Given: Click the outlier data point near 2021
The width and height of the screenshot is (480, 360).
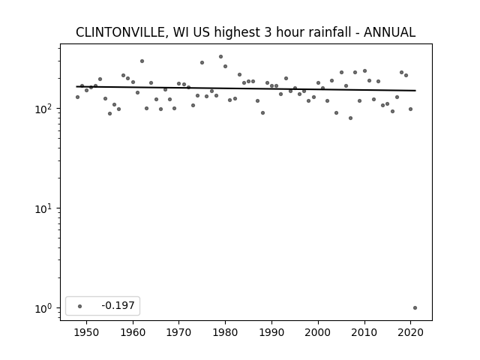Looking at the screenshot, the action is point(415,308).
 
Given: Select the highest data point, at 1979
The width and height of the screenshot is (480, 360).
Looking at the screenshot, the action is point(220,57).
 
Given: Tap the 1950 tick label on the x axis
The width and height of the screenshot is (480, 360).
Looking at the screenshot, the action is point(87,332).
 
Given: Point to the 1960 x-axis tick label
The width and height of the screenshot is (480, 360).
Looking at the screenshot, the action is point(133,332).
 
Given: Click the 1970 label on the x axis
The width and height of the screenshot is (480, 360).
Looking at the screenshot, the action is point(179,332).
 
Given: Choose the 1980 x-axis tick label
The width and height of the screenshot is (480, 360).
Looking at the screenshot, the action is point(225,332).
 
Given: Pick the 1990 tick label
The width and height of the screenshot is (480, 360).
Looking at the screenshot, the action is point(271,332).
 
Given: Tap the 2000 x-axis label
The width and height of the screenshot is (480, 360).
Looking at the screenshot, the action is point(318,332).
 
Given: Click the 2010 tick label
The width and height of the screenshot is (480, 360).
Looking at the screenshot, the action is point(364,332).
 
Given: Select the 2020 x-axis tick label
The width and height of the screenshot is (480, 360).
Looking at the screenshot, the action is point(410,332).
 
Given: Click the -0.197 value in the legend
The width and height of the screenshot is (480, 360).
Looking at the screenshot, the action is point(118,305).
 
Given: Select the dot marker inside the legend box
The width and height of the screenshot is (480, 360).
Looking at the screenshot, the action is point(80,306).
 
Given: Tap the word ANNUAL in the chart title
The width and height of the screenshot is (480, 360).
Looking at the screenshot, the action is point(389,32).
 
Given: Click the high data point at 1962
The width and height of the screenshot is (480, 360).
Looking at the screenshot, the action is point(142,61).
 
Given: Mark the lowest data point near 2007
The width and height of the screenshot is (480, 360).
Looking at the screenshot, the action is point(350,118).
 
